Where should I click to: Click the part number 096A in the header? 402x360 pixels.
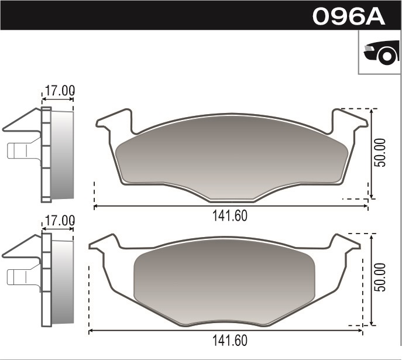tap(349, 16)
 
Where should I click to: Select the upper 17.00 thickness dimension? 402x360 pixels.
tap(60, 91)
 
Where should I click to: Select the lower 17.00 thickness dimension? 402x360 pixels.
tap(60, 221)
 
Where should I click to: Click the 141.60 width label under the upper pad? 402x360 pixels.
tap(229, 215)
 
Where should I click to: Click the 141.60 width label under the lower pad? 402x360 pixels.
tap(229, 340)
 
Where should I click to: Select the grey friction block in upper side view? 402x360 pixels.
tap(63, 155)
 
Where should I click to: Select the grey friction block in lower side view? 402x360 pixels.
tap(63, 280)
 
